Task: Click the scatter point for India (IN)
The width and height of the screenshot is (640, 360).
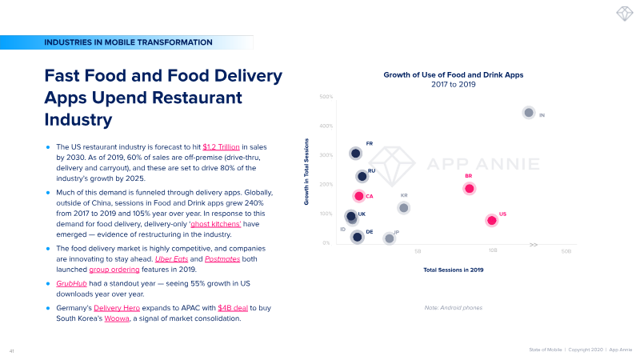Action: [x=529, y=113]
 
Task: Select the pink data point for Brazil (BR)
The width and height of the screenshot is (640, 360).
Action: [x=470, y=189]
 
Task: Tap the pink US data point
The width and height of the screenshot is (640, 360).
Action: [x=492, y=221]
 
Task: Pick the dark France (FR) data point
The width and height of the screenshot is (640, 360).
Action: [x=355, y=154]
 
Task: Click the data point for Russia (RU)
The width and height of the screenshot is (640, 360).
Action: [x=362, y=176]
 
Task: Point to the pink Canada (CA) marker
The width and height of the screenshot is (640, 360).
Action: [x=358, y=196]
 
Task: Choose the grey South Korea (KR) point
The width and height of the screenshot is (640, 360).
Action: [x=404, y=208]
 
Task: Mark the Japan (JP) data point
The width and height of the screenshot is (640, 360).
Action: [x=390, y=238]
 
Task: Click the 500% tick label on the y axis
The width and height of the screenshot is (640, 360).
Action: [x=326, y=98]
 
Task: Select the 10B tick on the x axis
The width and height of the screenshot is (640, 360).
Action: [x=493, y=251]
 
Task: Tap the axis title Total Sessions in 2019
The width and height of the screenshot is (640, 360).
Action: [x=454, y=270]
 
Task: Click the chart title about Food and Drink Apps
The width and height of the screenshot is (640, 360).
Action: [x=453, y=75]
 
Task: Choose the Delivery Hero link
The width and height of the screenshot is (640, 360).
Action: [x=116, y=308]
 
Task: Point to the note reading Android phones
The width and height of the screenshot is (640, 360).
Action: [x=453, y=307]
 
